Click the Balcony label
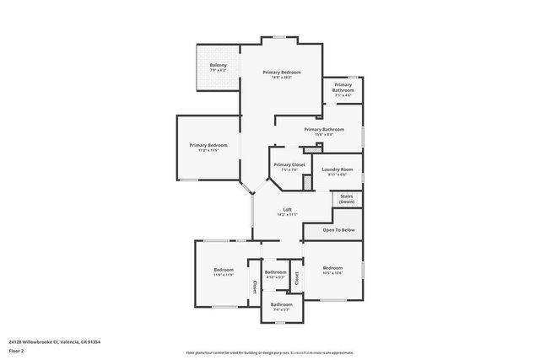click(219, 65)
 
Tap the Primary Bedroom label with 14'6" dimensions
click(281, 73)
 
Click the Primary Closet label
click(289, 164)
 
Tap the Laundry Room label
click(337, 169)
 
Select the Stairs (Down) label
click(347, 199)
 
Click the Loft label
click(287, 209)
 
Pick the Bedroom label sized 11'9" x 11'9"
click(224, 270)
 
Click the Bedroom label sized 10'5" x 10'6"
click(332, 269)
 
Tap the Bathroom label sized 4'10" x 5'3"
click(276, 272)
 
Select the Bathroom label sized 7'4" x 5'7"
click(281, 304)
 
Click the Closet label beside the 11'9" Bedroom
click(254, 287)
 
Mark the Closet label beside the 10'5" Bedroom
click(296, 277)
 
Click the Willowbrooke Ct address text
click(55, 341)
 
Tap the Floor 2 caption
click(16, 350)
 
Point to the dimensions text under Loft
click(287, 215)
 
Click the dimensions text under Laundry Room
click(337, 175)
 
